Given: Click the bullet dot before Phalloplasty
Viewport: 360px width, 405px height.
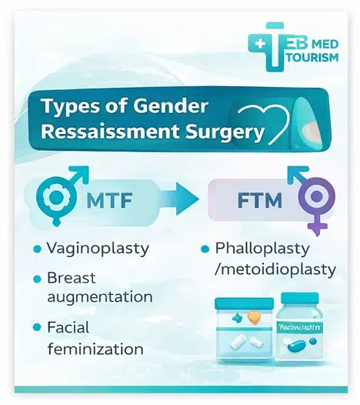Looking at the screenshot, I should pyautogui.click(x=205, y=250).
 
